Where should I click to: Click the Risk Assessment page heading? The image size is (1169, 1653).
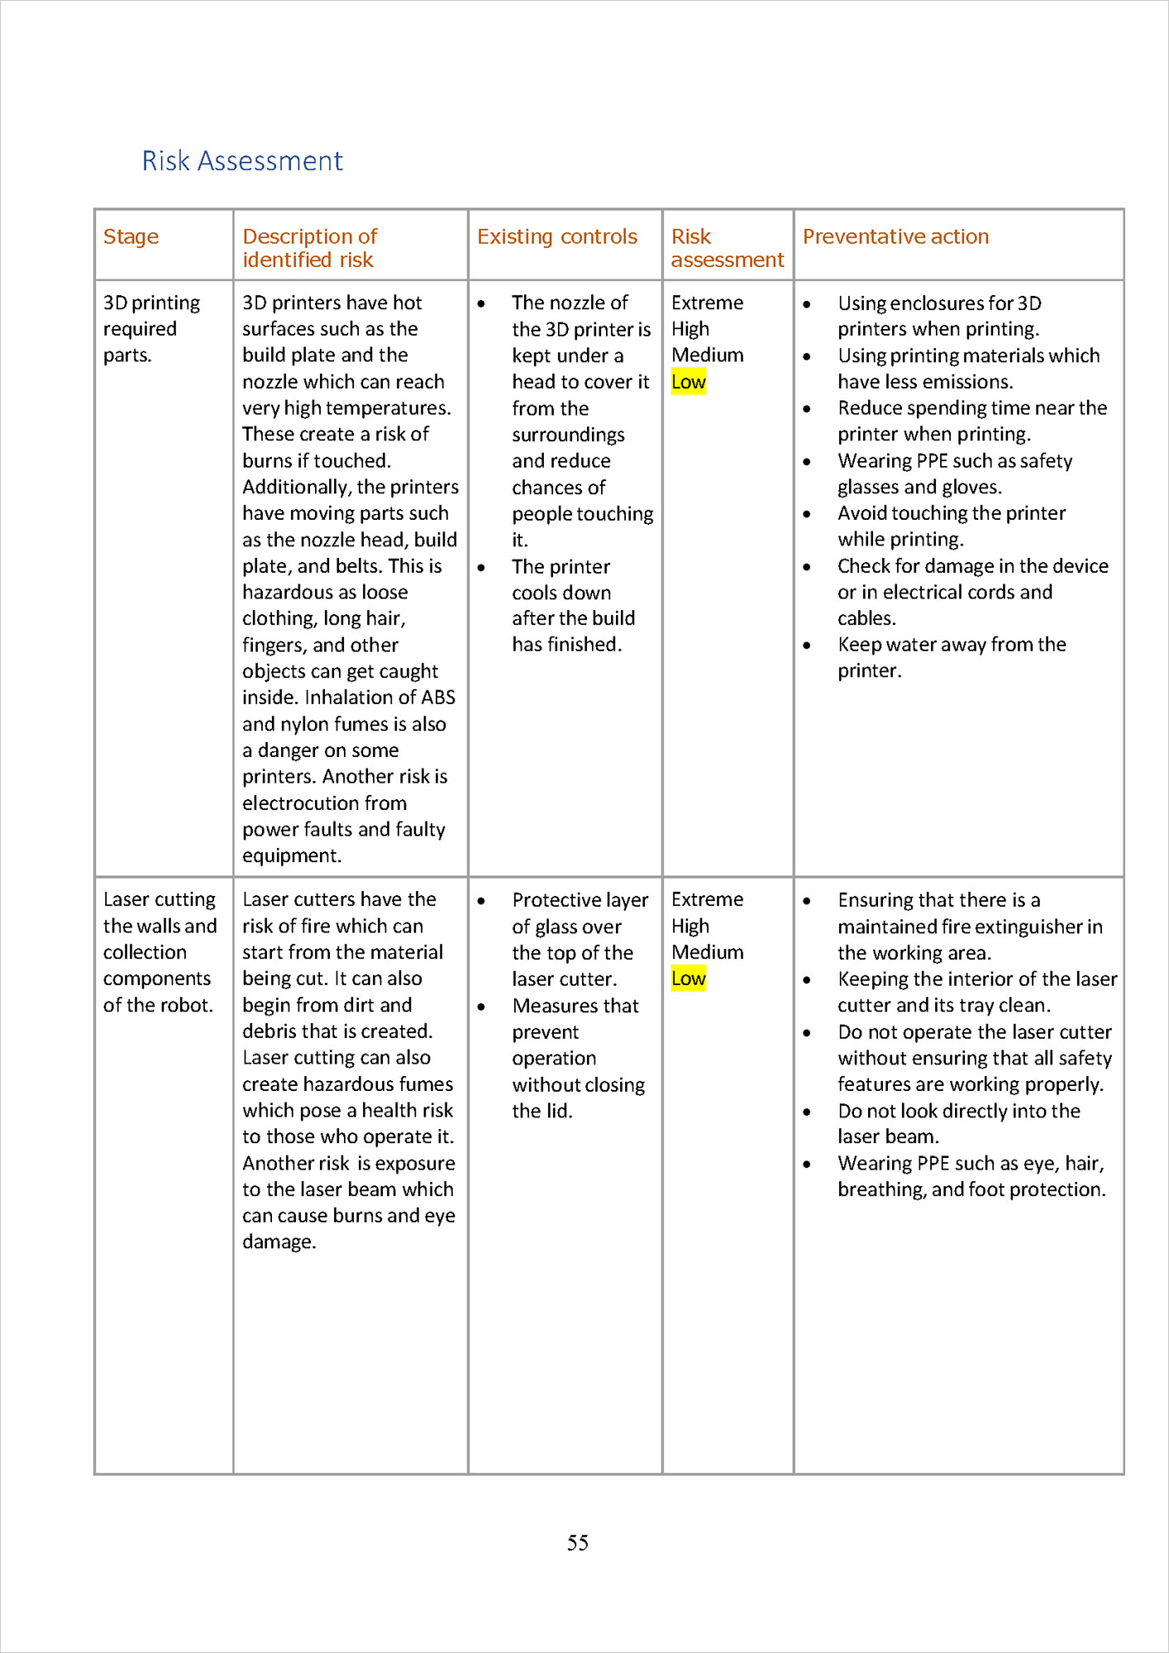(x=242, y=160)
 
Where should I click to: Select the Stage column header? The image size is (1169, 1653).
(x=131, y=237)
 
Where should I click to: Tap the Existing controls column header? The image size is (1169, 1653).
(x=556, y=237)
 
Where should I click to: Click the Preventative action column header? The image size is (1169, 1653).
(x=895, y=237)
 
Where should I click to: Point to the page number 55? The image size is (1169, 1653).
(x=578, y=1542)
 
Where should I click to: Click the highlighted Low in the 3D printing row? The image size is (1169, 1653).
(x=688, y=382)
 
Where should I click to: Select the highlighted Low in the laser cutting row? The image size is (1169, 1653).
(x=688, y=979)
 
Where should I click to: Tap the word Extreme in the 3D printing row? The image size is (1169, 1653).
(x=707, y=302)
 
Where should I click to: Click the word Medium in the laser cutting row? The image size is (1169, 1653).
(x=707, y=952)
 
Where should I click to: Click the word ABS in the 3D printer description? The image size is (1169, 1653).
(x=437, y=698)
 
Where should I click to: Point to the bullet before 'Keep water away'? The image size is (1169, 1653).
(x=807, y=645)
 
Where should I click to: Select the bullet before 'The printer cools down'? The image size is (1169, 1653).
(x=481, y=568)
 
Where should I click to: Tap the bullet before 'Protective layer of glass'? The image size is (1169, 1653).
(x=481, y=901)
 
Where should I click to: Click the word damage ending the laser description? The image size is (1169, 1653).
(x=279, y=1241)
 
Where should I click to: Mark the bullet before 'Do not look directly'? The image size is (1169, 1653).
(x=807, y=1112)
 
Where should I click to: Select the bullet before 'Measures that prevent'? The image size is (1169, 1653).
(x=481, y=1007)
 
